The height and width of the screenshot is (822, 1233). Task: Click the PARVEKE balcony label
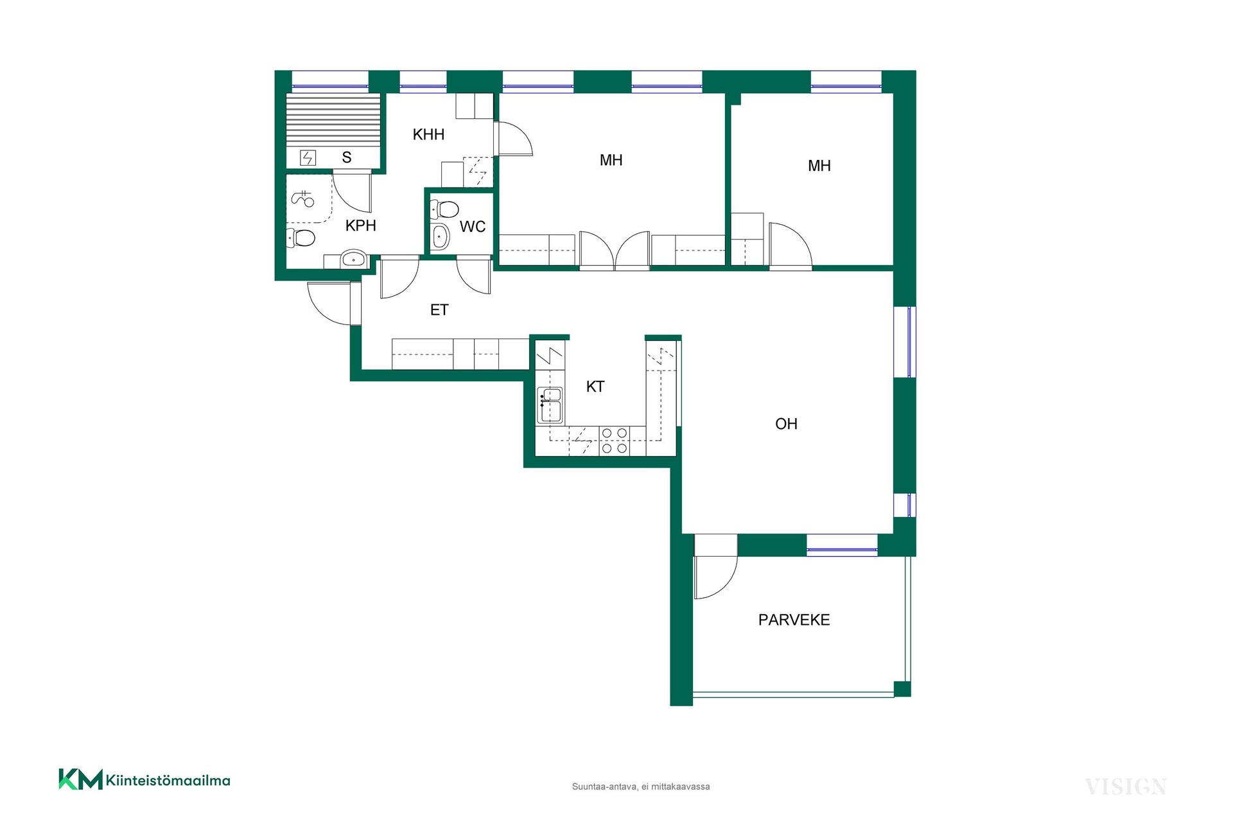794,620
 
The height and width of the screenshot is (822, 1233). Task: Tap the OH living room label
786,424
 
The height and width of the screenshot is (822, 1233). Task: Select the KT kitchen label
595,387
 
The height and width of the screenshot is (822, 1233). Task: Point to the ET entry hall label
439,310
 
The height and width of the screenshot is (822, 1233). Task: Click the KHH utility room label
428,134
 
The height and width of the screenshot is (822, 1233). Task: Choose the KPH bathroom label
360,225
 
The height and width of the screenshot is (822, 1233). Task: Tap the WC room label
473,227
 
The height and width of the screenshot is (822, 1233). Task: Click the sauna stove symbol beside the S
308,157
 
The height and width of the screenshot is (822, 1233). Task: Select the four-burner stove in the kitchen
615,441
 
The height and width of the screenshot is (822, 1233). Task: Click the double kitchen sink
550,405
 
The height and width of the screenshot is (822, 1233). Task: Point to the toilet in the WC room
444,209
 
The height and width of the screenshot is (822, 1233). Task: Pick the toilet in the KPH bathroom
301,238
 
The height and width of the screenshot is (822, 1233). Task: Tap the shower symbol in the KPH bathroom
303,199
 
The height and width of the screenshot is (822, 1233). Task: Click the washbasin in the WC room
441,237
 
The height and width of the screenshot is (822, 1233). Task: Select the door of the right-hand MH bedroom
791,244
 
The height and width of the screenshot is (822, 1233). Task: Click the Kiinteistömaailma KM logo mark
80,779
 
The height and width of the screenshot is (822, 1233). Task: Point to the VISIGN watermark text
1126,787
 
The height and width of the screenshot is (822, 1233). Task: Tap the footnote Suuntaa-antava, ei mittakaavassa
641,787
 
